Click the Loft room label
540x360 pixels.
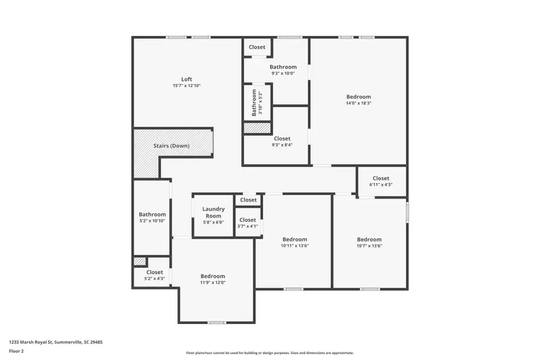(x=187, y=79)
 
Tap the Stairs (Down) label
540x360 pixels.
(x=171, y=146)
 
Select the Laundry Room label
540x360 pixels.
(x=213, y=212)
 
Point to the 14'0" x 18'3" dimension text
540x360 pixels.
(x=358, y=103)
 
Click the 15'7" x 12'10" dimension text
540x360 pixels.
(x=187, y=86)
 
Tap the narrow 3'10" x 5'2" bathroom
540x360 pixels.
(x=257, y=103)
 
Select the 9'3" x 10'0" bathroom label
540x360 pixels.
(x=283, y=67)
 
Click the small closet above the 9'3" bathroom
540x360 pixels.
(x=257, y=47)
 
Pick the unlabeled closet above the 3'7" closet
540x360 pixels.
(x=248, y=200)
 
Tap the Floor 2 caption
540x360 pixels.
(x=16, y=350)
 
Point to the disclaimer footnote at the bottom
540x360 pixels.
(x=269, y=353)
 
